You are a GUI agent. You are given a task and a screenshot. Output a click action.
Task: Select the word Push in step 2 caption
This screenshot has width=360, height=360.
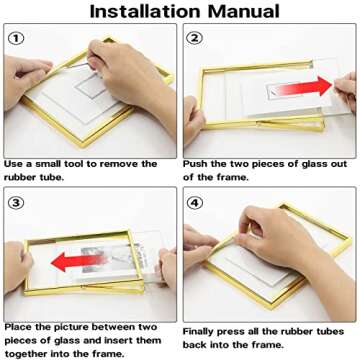pyautogui.click(x=196, y=163)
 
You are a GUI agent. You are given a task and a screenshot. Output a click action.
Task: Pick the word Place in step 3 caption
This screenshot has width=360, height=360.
pyautogui.click(x=19, y=326)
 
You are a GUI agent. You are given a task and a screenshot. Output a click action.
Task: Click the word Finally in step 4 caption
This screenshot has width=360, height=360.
pyautogui.click(x=203, y=330)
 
